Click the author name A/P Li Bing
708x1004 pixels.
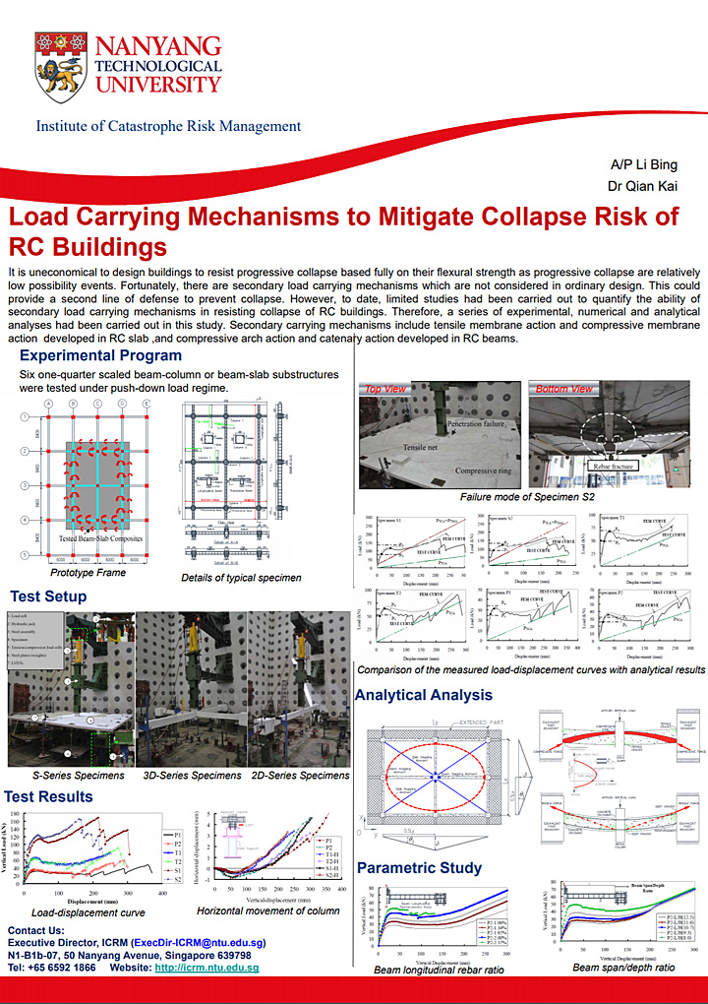coord(644,164)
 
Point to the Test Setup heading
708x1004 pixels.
coord(48,596)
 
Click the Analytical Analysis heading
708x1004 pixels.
coord(423,695)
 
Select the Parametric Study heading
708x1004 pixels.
coord(419,867)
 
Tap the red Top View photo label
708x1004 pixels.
coord(386,390)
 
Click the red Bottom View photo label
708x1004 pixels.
coord(563,390)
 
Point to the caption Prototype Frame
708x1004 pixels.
coord(88,572)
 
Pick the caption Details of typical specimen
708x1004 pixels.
coord(241,577)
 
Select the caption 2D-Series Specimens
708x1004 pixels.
coord(299,776)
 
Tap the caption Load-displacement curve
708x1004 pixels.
coord(88,911)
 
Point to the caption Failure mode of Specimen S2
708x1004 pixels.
coord(527,498)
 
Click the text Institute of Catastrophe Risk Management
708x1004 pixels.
coord(168,126)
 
